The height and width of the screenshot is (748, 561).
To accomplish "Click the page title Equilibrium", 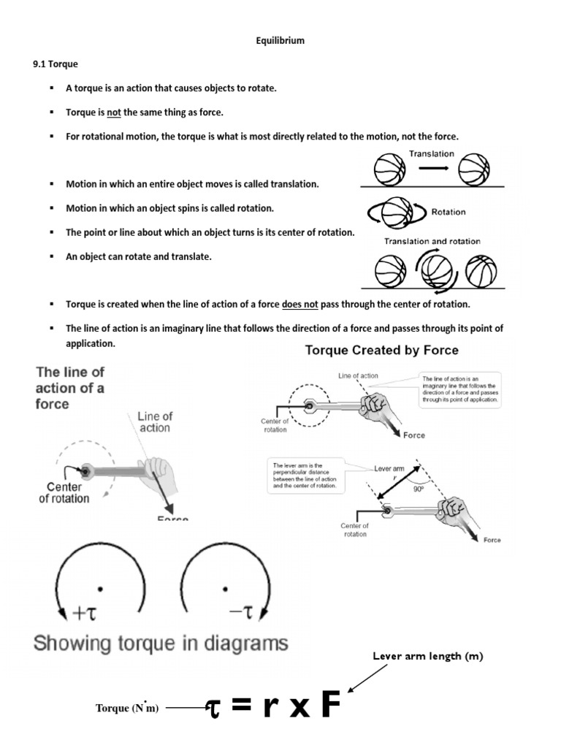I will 280,41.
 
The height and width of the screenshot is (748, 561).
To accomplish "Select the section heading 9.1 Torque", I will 56,64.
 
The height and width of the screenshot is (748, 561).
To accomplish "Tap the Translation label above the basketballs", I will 431,154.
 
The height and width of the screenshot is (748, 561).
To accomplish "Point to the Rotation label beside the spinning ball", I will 449,212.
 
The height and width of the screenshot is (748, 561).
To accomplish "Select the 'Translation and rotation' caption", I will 432,241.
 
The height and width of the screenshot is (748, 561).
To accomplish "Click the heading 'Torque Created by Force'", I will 381,350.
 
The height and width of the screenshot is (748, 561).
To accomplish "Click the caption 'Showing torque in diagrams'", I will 161,644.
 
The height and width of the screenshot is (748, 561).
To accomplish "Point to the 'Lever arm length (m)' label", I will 427,657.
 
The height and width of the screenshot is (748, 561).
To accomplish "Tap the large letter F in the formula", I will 330,706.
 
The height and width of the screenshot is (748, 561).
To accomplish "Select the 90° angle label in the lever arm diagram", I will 419,490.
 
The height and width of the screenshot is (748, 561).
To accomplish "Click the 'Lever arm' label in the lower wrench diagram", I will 389,468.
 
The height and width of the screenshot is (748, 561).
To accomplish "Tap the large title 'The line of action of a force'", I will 70,387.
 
